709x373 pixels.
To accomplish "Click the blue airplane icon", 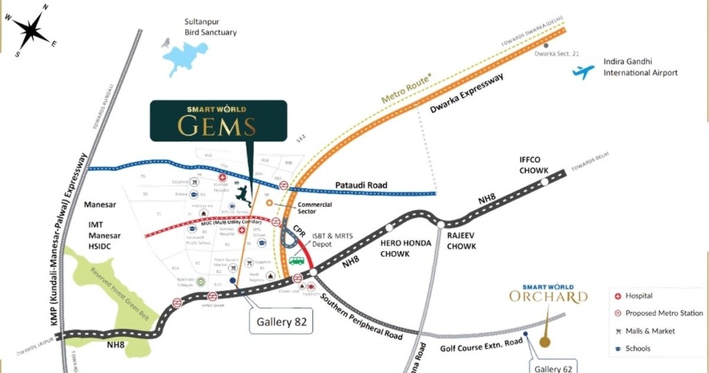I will (584, 71).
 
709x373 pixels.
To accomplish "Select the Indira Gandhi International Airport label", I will (640, 67).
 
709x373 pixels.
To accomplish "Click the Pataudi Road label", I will (361, 186).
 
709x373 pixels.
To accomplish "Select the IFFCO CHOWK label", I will (534, 165).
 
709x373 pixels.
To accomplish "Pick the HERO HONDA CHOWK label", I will (405, 248).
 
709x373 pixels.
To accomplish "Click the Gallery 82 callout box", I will (281, 322).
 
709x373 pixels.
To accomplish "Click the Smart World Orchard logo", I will (548, 293).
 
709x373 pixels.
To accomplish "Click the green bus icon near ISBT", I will (296, 261).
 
